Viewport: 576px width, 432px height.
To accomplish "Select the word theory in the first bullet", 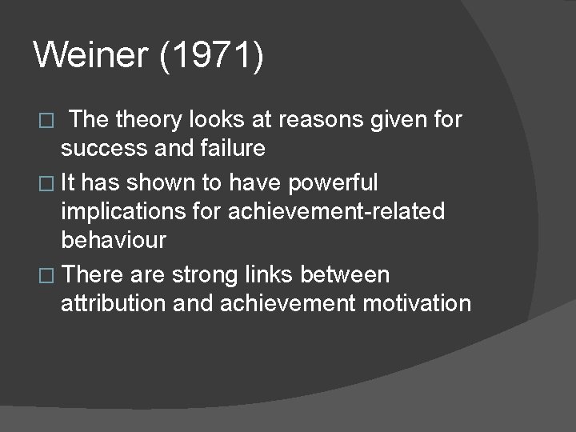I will [x=150, y=121].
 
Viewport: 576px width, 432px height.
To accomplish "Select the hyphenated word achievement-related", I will [x=336, y=212].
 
